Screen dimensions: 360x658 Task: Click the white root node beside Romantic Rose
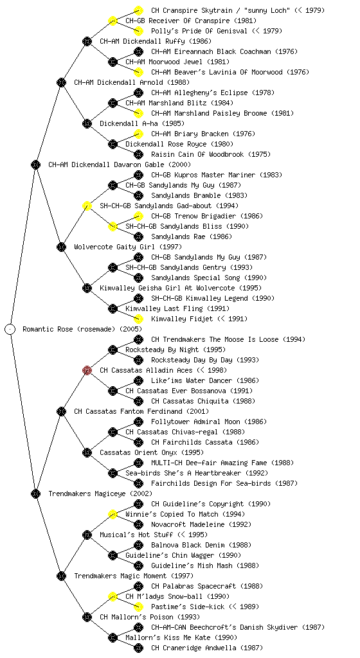point(10,329)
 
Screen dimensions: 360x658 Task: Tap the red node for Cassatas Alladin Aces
point(87,370)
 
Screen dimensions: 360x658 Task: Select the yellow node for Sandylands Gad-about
point(87,206)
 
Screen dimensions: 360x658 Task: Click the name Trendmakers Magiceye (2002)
point(100,493)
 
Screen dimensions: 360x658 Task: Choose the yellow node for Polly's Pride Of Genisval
point(138,31)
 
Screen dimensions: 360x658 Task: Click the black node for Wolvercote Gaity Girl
point(61,247)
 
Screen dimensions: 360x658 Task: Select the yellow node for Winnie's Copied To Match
point(113,514)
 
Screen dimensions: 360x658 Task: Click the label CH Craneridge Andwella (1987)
point(205,648)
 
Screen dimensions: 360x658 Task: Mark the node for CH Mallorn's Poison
point(87,617)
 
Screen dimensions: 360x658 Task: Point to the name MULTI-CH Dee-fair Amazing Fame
point(209,463)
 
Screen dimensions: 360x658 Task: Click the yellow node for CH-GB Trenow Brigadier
point(138,216)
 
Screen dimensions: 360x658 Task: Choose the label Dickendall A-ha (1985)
point(142,123)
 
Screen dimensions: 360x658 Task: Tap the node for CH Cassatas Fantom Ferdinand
point(61,411)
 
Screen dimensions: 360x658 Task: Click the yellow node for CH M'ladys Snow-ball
point(113,596)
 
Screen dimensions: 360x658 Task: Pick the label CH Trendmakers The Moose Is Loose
point(215,339)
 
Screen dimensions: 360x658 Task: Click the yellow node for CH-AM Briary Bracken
point(138,134)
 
